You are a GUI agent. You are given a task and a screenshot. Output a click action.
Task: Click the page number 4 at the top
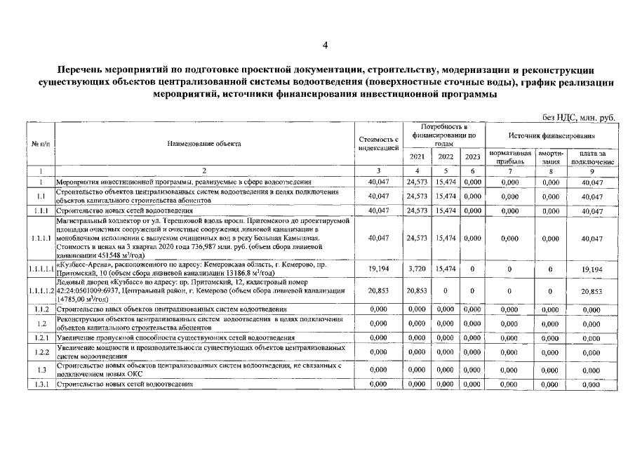(324, 46)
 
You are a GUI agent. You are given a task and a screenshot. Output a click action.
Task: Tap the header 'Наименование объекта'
(204, 143)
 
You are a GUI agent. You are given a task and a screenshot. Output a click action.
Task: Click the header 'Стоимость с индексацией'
(378, 143)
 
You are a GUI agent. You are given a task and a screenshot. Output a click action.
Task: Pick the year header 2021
(417, 156)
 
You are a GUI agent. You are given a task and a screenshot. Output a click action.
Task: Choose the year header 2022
(446, 156)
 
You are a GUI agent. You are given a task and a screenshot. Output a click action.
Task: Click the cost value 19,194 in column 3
(378, 269)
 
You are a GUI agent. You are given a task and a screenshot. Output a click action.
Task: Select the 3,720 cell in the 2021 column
(417, 269)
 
